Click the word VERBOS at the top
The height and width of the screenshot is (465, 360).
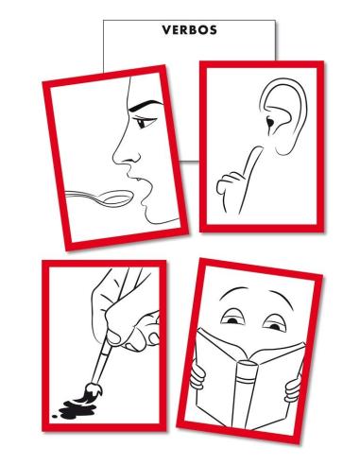click(189, 30)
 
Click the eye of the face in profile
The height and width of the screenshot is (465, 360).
click(144, 122)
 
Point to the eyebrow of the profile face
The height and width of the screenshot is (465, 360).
click(145, 106)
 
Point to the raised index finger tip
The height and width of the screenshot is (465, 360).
click(258, 148)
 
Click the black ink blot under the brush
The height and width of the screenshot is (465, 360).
click(77, 409)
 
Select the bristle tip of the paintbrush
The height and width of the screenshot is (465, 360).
click(92, 390)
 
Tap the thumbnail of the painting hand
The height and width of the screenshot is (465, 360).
click(113, 337)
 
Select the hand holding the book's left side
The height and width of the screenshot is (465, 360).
click(197, 375)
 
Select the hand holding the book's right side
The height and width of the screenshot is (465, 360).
click(293, 388)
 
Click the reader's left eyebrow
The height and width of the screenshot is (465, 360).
click(233, 290)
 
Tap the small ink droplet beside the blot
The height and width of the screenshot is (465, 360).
click(55, 416)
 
